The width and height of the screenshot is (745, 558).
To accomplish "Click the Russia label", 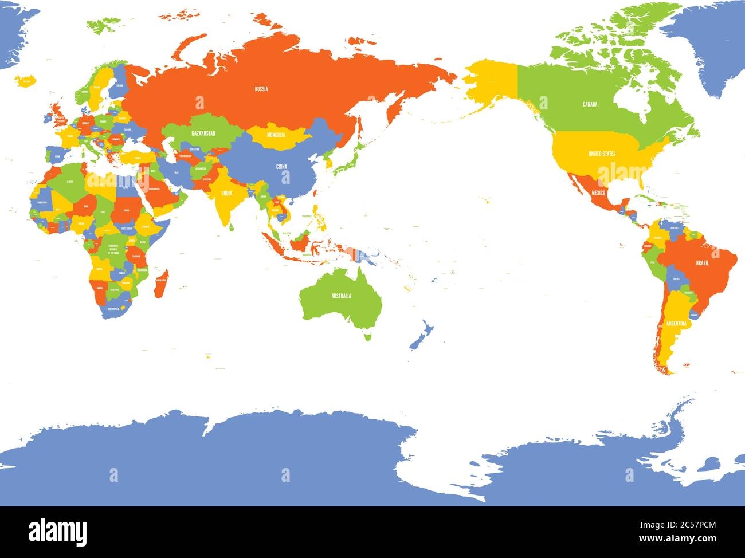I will coord(261,89).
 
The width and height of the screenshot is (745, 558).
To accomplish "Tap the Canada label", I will coord(590,104).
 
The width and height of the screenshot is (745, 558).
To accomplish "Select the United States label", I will coord(602,154).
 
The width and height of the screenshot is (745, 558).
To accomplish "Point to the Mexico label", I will coord(599,193).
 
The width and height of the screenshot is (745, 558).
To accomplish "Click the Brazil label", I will coord(702,262).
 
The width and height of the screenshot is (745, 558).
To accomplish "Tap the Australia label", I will coord(340,296).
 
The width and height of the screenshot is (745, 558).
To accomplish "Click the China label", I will coord(281,167).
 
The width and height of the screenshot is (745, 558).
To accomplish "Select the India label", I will coord(227,194).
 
